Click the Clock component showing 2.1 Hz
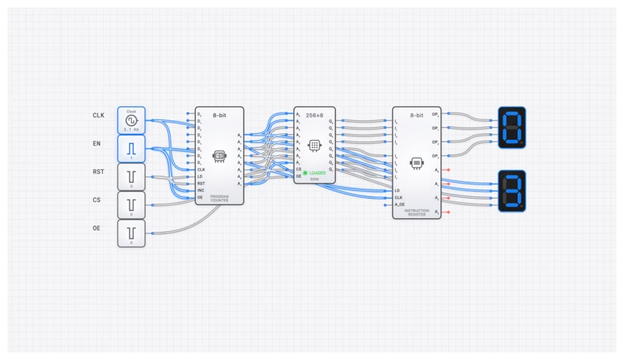(x=131, y=119)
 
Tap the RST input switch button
(x=131, y=177)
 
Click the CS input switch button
(x=131, y=205)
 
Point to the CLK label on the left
(x=98, y=115)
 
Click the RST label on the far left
(x=98, y=172)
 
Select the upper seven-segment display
(x=511, y=126)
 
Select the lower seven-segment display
(x=511, y=191)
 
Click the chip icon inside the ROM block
(x=314, y=145)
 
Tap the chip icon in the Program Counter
(x=219, y=156)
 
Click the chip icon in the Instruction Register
(x=416, y=163)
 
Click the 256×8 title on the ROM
(x=314, y=114)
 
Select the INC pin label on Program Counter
(x=202, y=190)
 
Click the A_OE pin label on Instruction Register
(x=400, y=204)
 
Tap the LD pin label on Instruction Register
(x=397, y=190)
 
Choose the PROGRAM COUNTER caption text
(x=219, y=198)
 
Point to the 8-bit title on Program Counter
(x=219, y=114)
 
